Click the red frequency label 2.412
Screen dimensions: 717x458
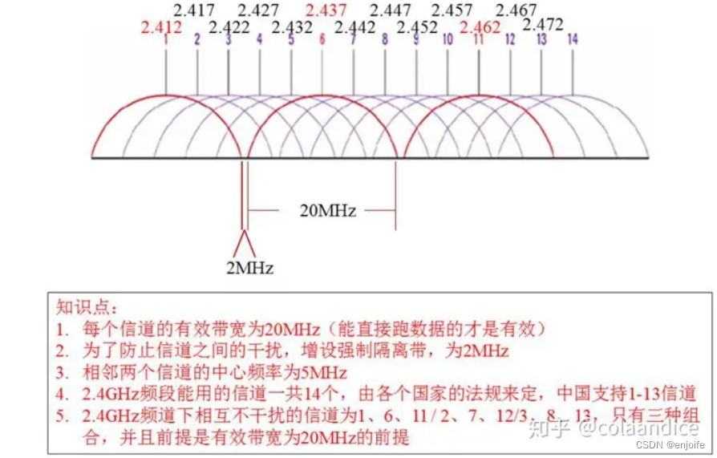coord(161,27)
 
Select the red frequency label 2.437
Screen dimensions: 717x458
coord(326,10)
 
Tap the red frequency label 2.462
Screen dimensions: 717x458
coord(480,27)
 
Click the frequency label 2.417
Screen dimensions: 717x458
coord(194,10)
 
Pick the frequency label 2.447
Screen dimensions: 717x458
coord(391,10)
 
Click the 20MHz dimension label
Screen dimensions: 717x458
coord(328,211)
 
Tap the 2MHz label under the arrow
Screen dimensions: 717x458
coord(249,268)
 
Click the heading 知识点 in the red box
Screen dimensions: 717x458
coord(87,306)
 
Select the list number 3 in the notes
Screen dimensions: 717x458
coord(62,373)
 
